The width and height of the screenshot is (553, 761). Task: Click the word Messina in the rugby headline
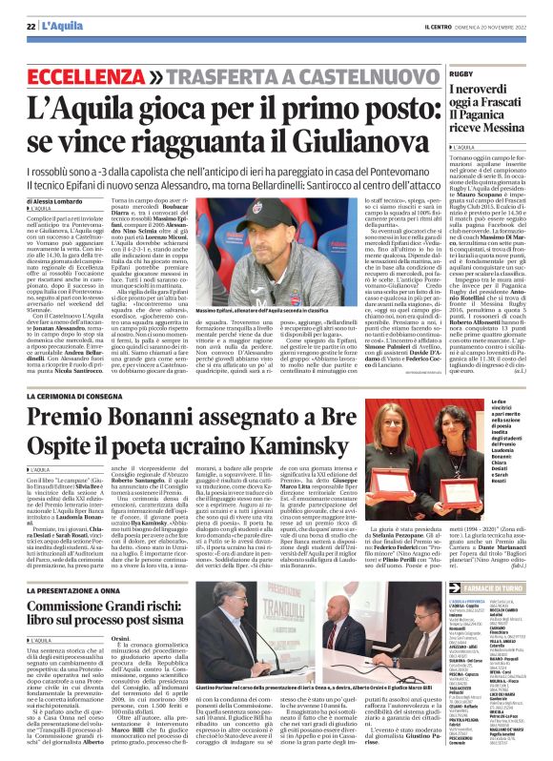501,127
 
